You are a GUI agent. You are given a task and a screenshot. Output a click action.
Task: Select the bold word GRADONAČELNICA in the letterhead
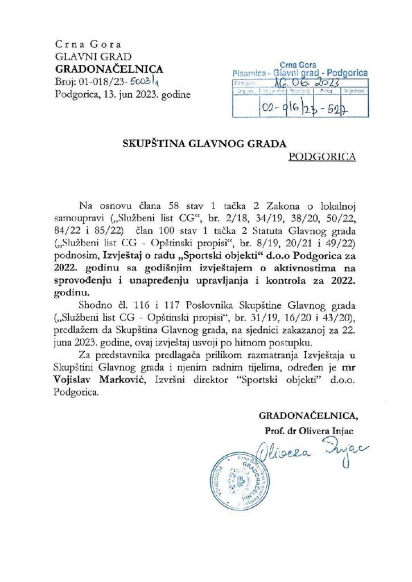109,69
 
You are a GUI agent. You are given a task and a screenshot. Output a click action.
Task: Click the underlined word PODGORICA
323,156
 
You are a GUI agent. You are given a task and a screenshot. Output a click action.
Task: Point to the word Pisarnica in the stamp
252,73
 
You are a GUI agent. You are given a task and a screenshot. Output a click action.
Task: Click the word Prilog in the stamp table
326,90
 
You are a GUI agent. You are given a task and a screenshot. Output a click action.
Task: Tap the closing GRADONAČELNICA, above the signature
310,415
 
